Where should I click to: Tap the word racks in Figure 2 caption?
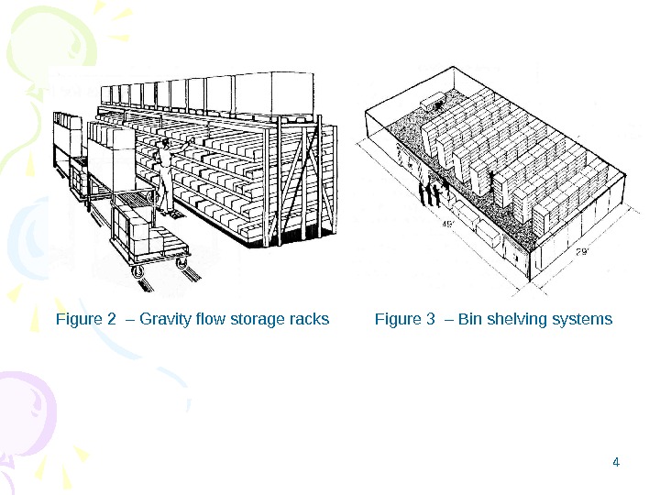click(310, 320)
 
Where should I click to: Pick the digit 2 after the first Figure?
click(112, 320)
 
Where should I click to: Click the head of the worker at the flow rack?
click(166, 146)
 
